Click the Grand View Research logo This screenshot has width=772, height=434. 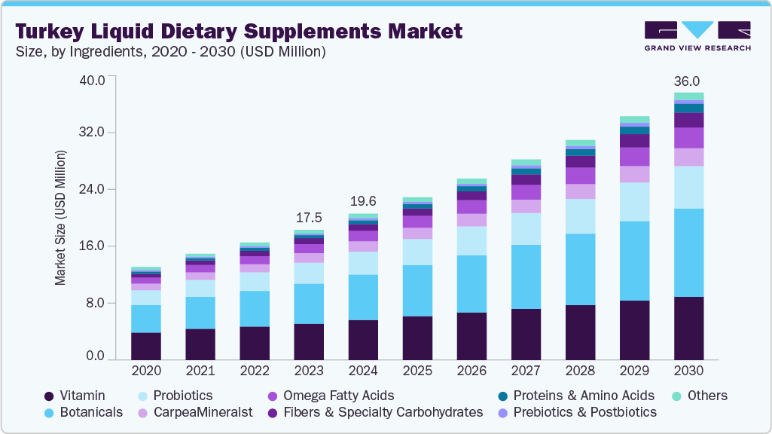click(x=697, y=36)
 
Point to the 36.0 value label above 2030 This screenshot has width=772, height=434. click(x=688, y=81)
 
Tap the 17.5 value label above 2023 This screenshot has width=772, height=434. click(x=309, y=217)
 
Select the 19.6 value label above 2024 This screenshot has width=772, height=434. click(x=363, y=201)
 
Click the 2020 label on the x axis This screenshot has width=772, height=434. click(x=145, y=371)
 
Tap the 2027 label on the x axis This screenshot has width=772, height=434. click(x=526, y=371)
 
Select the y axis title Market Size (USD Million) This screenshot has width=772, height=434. click(x=60, y=218)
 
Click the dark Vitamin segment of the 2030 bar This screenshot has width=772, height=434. click(x=688, y=328)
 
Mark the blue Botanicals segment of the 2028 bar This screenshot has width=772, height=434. click(x=580, y=269)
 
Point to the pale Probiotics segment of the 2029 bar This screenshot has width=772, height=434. click(x=634, y=201)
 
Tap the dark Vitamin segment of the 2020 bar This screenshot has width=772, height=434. click(x=145, y=346)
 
